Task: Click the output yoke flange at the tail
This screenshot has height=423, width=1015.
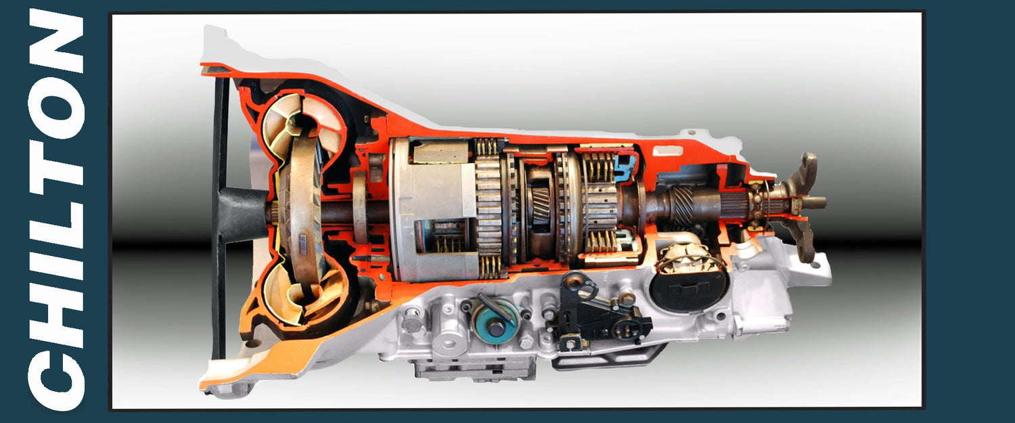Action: (x=805, y=203)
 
